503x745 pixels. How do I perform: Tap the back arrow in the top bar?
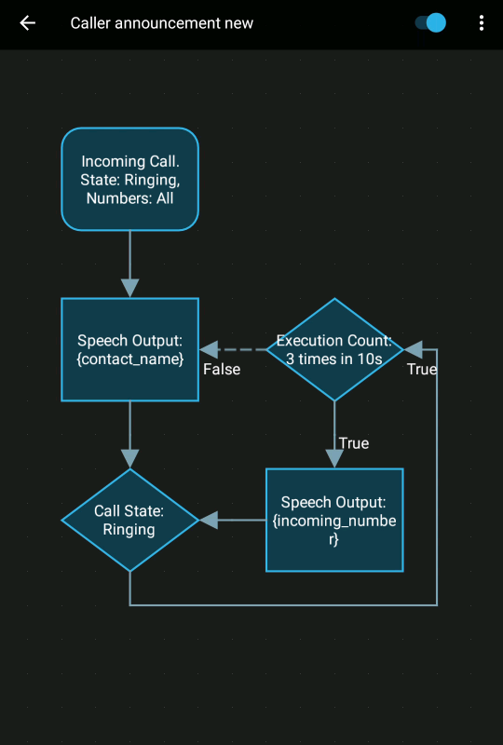(28, 23)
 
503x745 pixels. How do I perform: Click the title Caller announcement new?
(161, 23)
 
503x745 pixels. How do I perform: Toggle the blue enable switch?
(430, 23)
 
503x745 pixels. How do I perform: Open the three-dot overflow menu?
(481, 23)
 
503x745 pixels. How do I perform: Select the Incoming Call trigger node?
(129, 179)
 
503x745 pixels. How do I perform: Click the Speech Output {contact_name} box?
(129, 349)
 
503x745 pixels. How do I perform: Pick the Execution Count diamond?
(334, 349)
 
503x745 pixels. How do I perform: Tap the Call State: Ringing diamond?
(129, 520)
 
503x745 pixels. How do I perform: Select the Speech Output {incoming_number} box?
(334, 520)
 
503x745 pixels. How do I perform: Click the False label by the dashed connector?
(222, 370)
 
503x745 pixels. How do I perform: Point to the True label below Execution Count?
(353, 443)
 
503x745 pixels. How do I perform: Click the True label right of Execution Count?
(422, 370)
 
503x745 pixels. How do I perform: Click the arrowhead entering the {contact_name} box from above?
(129, 288)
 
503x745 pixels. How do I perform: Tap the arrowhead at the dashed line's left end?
(209, 349)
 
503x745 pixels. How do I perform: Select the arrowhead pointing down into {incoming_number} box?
(334, 458)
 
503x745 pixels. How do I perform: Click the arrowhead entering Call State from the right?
(209, 520)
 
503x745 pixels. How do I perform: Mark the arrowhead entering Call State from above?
(129, 458)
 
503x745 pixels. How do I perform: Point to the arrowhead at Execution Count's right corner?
(414, 349)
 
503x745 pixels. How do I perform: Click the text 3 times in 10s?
(334, 359)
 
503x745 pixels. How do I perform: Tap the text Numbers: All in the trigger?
(129, 198)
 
